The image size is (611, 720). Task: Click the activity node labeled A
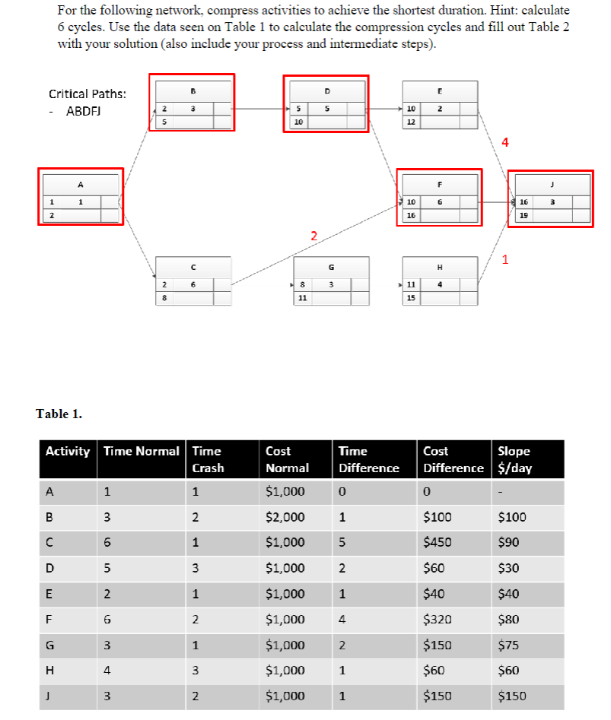tap(81, 196)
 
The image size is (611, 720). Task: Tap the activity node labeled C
tap(193, 281)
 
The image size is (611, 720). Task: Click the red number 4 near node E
tap(504, 141)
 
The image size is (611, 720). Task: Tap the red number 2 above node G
tap(313, 236)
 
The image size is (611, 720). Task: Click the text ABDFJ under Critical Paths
tap(84, 111)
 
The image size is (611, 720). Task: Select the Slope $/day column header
tap(514, 459)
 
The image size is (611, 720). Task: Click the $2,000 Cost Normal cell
tap(285, 517)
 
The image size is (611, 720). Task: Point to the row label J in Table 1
tap(50, 696)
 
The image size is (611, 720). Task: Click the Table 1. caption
tap(59, 414)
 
